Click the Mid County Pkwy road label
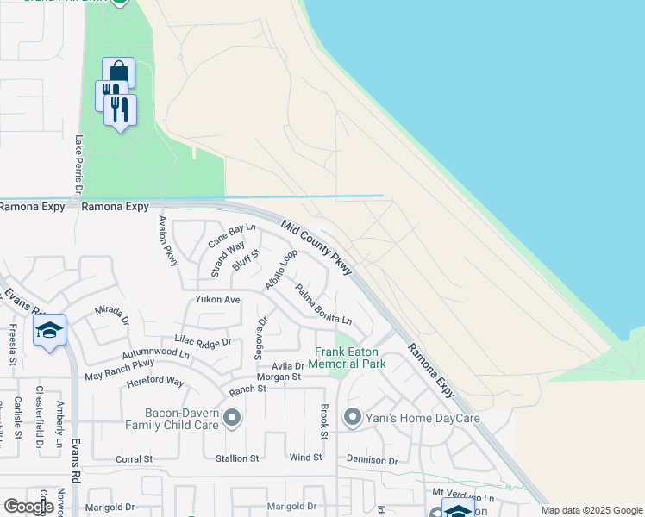(x=316, y=247)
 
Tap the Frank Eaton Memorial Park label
(x=350, y=358)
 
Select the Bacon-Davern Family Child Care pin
(x=231, y=420)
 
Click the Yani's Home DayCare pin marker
(x=352, y=419)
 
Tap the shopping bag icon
(x=118, y=72)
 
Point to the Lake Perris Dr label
(x=78, y=165)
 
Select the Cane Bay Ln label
(x=230, y=234)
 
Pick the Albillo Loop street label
(x=281, y=269)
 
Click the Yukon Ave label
(x=217, y=300)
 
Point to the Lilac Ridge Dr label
(x=203, y=342)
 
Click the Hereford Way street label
(x=155, y=382)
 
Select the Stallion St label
(x=235, y=459)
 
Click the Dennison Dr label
(x=372, y=461)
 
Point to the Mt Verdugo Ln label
(x=463, y=498)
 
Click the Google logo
(x=28, y=507)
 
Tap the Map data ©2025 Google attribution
(x=591, y=511)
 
